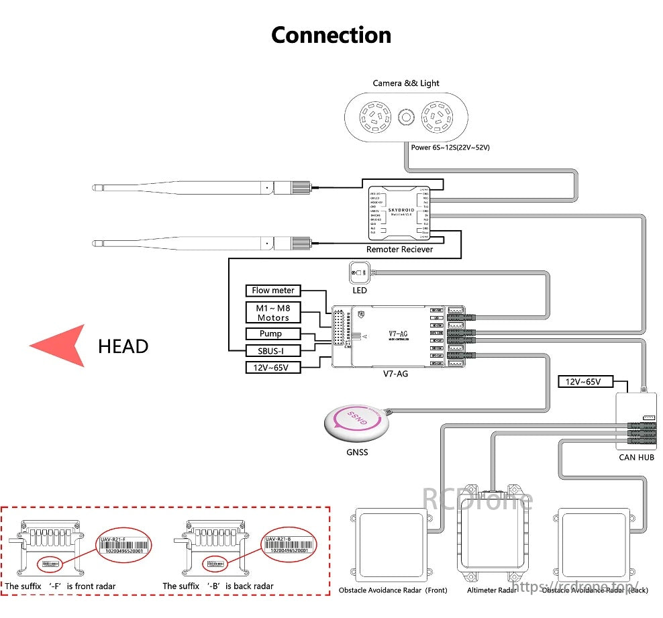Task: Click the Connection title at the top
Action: pos(331,35)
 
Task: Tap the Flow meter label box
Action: pos(273,291)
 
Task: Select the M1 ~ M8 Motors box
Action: pos(273,312)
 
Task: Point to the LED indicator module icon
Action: pos(360,273)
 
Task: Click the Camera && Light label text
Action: pos(406,83)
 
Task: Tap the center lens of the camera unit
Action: pos(406,117)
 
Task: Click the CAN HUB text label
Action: pos(636,458)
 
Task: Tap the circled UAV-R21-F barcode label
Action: pos(123,544)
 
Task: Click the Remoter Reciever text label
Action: pos(399,250)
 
